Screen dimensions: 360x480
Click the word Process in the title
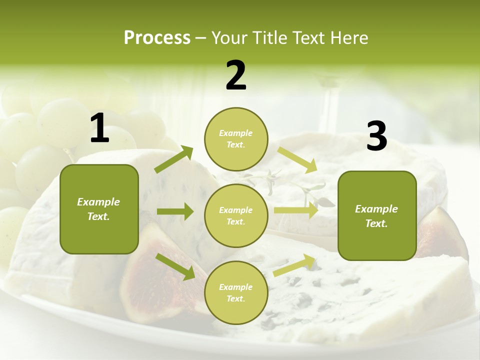(157, 38)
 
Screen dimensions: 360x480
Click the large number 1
(99, 128)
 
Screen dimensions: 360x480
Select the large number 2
(236, 75)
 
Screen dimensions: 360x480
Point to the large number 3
(376, 136)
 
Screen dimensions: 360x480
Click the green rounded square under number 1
(99, 209)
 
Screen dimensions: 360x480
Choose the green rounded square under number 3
(377, 215)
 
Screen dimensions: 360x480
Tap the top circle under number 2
(236, 139)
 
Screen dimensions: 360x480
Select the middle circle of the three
(236, 215)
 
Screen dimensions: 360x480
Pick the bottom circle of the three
(236, 292)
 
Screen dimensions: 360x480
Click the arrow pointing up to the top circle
(174, 159)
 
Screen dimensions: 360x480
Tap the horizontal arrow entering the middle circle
(175, 211)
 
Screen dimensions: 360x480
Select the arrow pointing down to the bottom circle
(175, 266)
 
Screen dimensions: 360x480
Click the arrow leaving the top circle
(297, 160)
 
